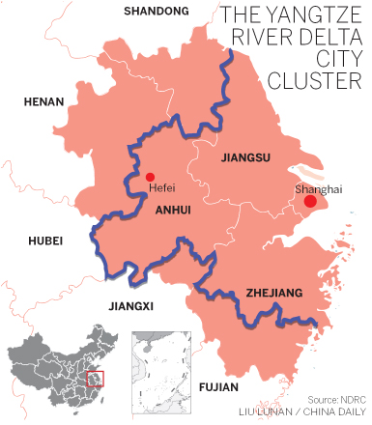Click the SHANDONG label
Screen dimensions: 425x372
pos(157,11)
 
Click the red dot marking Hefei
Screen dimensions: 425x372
pos(149,177)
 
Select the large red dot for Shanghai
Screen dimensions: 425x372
pos(310,202)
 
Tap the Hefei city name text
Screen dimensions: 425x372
pos(162,190)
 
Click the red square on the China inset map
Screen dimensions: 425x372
pos(95,378)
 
